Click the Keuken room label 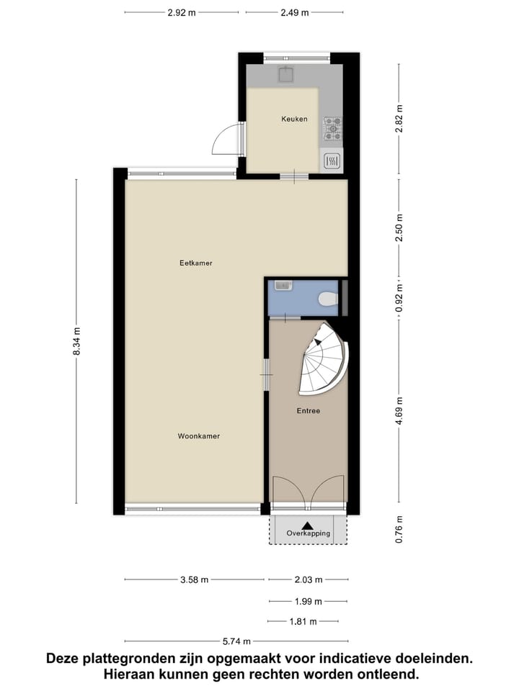coord(294,119)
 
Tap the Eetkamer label coord(195,263)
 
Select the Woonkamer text coord(198,436)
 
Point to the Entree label coord(308,411)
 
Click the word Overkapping coord(308,533)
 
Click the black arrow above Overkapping coord(308,525)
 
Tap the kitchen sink coord(286,75)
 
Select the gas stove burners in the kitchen coord(332,128)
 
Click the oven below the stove coord(332,161)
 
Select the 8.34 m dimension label coord(78,342)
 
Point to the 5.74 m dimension coord(238,641)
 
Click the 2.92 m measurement coord(182,13)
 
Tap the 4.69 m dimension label coord(399,412)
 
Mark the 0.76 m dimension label coord(399,530)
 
